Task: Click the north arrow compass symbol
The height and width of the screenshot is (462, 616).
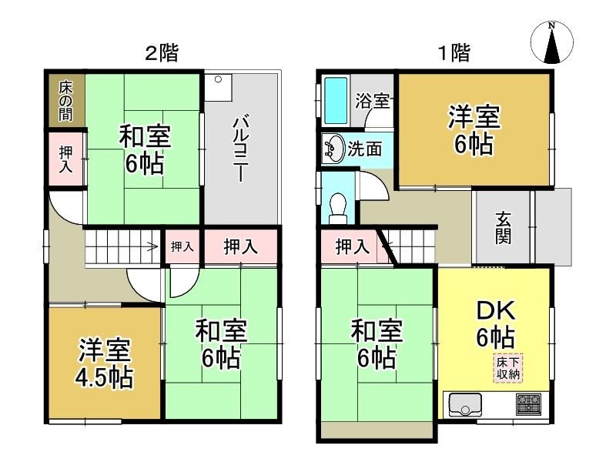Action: pyautogui.click(x=552, y=42)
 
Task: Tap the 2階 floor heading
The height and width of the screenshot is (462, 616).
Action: pyautogui.click(x=162, y=53)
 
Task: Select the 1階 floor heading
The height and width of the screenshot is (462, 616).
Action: pyautogui.click(x=454, y=52)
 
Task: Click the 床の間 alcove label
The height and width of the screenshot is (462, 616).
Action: pyautogui.click(x=66, y=101)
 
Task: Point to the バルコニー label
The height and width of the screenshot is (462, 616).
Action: pyautogui.click(x=240, y=149)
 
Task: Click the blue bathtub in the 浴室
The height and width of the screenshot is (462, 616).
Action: pyautogui.click(x=336, y=101)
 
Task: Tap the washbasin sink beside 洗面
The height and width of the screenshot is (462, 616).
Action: pyautogui.click(x=333, y=148)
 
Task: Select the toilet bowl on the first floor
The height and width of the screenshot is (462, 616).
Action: pyautogui.click(x=337, y=208)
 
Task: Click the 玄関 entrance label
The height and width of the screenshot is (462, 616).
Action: pyautogui.click(x=503, y=227)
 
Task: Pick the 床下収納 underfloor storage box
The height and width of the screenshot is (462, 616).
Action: pyautogui.click(x=508, y=368)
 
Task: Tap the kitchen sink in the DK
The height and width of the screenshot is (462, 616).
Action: pyautogui.click(x=465, y=404)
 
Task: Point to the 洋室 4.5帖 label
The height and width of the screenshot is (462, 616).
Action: pyautogui.click(x=105, y=363)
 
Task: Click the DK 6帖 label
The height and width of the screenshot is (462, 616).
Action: pyautogui.click(x=496, y=324)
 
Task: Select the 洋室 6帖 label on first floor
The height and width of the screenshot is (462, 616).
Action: pyautogui.click(x=474, y=130)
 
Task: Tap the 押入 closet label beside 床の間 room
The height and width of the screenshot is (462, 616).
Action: pyautogui.click(x=65, y=159)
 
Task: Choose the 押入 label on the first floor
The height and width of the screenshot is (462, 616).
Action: pyautogui.click(x=353, y=247)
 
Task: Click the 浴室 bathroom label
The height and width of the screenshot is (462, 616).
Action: pyautogui.click(x=372, y=101)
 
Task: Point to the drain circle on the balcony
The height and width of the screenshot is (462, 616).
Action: pyautogui.click(x=218, y=79)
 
